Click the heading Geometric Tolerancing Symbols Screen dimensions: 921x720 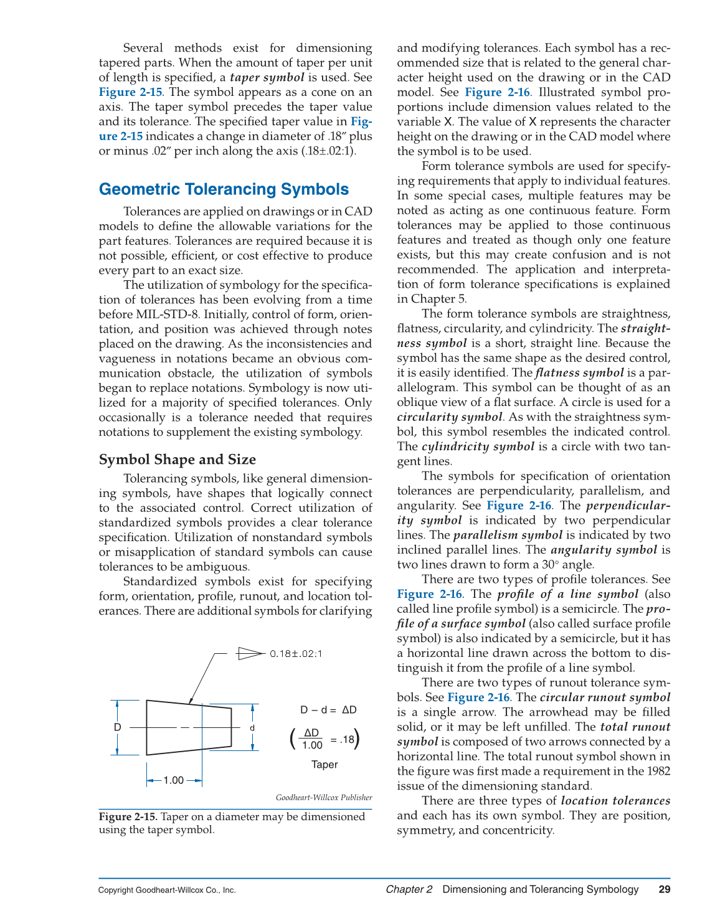[x=224, y=189]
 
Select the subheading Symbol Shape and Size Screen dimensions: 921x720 [x=177, y=460]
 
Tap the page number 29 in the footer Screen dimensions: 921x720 [x=664, y=889]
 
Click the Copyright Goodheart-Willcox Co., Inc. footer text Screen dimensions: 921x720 [x=167, y=890]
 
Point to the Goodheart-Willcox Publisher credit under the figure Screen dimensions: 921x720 [x=324, y=798]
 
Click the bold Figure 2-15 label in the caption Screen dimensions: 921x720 [x=128, y=817]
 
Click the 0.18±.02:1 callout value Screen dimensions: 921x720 [x=296, y=654]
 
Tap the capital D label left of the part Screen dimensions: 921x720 [x=117, y=727]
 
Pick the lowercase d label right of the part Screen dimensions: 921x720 [x=252, y=728]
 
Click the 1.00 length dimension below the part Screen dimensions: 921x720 [x=174, y=780]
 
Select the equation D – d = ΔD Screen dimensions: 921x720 [x=328, y=710]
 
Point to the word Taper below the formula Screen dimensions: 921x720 [x=324, y=765]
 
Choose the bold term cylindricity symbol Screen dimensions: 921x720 [x=478, y=446]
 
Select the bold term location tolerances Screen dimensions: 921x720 [x=615, y=801]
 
